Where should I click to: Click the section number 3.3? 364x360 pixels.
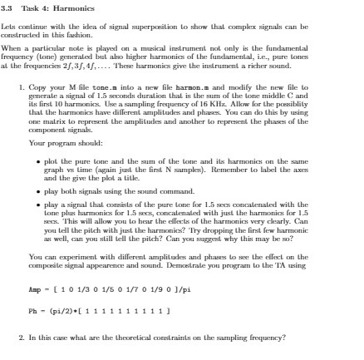[x=8, y=8]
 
